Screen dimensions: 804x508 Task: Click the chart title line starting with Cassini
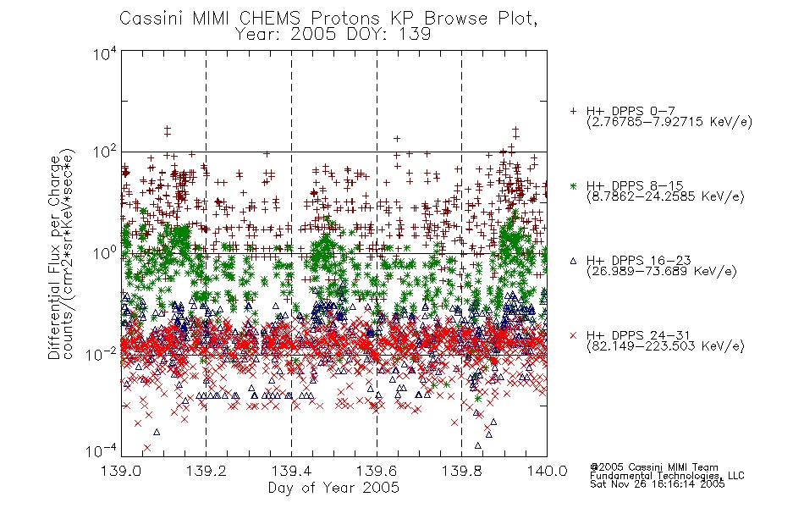pos(328,18)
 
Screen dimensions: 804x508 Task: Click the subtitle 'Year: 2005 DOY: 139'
pos(333,34)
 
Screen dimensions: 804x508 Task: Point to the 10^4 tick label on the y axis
pos(104,53)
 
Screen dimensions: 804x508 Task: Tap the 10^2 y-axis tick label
pos(104,152)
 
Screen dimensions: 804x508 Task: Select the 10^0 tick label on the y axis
pos(104,253)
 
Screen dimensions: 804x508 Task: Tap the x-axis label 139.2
pos(206,471)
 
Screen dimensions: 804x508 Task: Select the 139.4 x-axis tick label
pos(291,471)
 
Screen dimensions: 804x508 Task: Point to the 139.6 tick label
pos(377,471)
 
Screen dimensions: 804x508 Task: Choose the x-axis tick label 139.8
pos(461,471)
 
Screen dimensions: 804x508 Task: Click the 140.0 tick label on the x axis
pos(547,471)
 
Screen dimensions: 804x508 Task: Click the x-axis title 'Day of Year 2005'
pos(333,488)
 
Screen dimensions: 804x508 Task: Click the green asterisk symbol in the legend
pos(573,186)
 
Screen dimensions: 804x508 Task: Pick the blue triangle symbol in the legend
pos(573,261)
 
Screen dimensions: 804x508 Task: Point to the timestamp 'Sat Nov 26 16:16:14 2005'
pos(658,484)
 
